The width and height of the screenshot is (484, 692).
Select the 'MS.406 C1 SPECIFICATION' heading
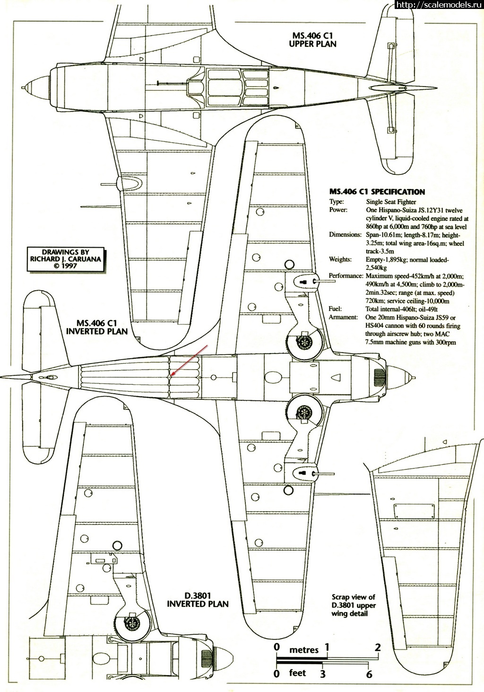(x=377, y=192)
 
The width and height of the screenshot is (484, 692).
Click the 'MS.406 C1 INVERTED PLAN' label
(x=96, y=327)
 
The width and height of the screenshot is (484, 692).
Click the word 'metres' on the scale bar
(x=303, y=650)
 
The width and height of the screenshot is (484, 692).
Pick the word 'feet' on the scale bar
(x=297, y=672)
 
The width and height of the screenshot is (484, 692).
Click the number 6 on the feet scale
(x=369, y=674)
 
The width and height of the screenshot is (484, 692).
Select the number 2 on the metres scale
(x=377, y=647)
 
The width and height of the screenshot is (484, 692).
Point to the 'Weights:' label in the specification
(x=340, y=259)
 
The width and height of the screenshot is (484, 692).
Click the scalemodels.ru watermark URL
(x=438, y=5)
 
